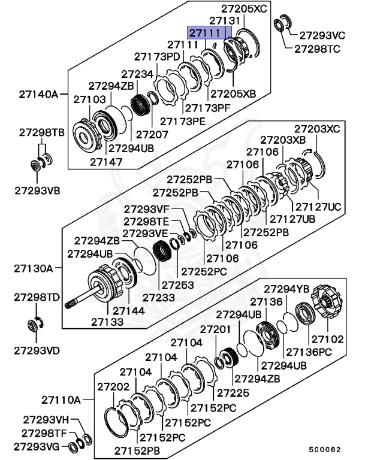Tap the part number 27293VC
[322, 35]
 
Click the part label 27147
[106, 161]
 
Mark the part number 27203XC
[316, 129]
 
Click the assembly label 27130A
[34, 268]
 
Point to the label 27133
[107, 322]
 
